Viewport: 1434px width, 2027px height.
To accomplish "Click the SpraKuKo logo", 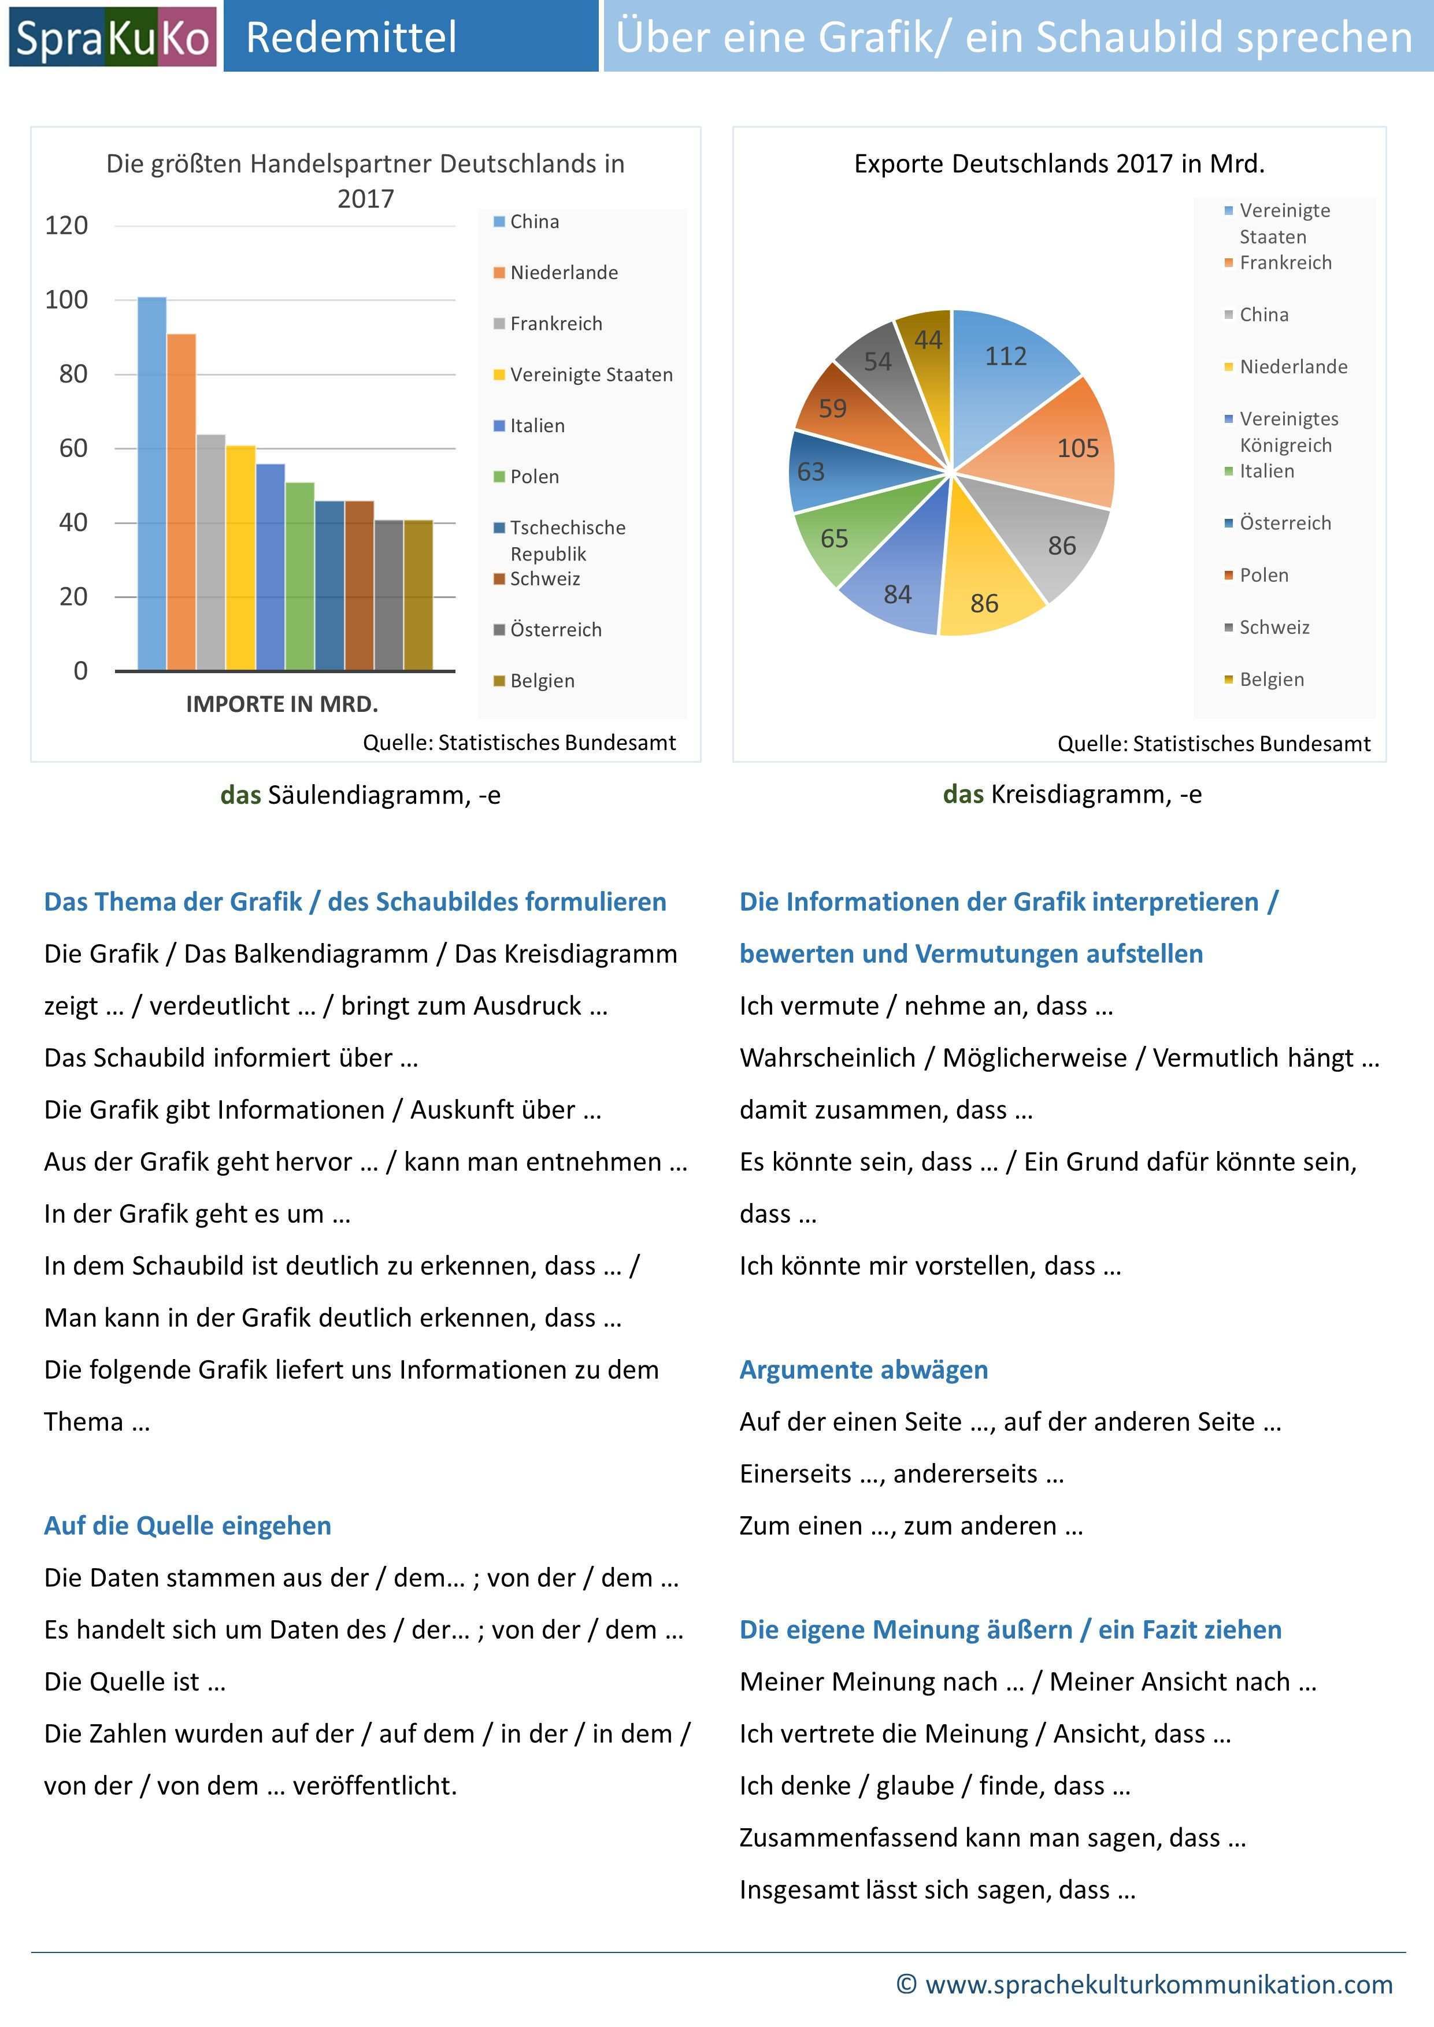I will coord(112,37).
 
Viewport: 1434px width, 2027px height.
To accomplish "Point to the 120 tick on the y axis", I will coord(66,226).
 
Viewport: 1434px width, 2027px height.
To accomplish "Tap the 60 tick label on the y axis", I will coord(72,448).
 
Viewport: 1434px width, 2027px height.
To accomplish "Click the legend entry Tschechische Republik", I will coord(567,540).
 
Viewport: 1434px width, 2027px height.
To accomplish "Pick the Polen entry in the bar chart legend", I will coord(534,477).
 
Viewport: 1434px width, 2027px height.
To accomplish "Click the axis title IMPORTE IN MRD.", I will coord(281,704).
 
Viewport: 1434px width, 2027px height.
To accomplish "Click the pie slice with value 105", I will coord(1059,450).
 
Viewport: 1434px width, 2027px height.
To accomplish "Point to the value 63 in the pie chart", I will coord(810,472).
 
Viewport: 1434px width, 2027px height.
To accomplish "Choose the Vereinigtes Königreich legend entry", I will coord(1288,432).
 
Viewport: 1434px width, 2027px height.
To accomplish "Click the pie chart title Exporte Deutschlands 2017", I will coord(1059,164).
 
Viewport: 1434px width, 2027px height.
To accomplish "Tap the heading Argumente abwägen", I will coord(864,1370).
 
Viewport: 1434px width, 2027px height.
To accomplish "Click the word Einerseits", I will coord(795,1475).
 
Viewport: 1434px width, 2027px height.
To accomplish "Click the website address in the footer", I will coord(1158,1985).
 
